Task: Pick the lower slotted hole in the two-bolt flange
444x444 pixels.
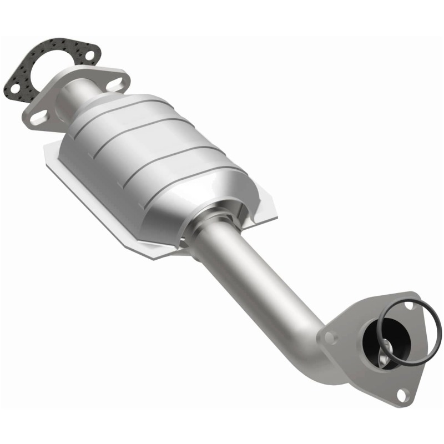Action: (x=39, y=118)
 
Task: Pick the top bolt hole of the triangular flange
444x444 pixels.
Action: (x=409, y=304)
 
